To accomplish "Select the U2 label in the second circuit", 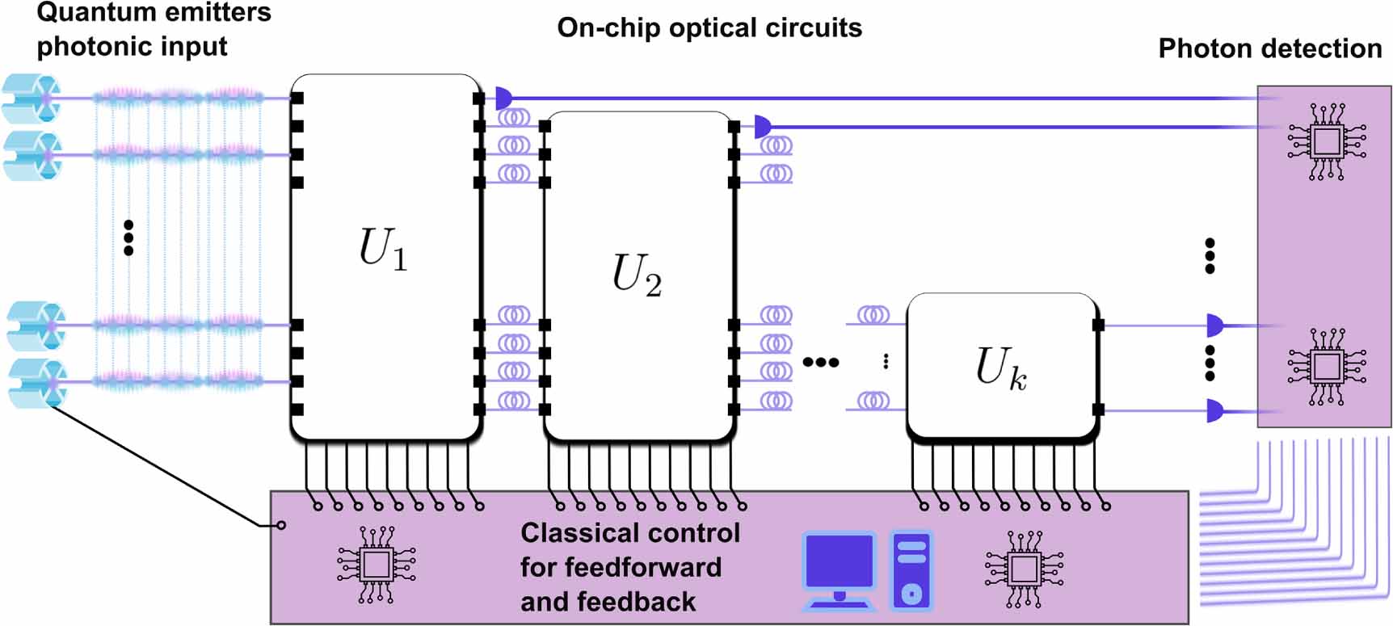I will [637, 275].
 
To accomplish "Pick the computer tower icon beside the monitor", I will [911, 570].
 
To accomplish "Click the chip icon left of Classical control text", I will [376, 565].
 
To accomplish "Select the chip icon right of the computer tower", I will [1024, 569].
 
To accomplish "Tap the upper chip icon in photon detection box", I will [1327, 141].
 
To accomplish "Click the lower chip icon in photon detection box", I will [1327, 366].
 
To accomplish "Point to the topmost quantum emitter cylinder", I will [32, 98].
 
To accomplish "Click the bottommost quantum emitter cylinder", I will [36, 383].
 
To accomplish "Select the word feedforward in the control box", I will [621, 567].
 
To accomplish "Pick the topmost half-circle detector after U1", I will [503, 99].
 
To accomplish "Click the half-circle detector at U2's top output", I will [762, 127].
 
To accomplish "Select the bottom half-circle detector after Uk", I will [1214, 411].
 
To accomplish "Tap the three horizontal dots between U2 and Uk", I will [820, 363].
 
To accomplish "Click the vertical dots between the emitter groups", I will [128, 237].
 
